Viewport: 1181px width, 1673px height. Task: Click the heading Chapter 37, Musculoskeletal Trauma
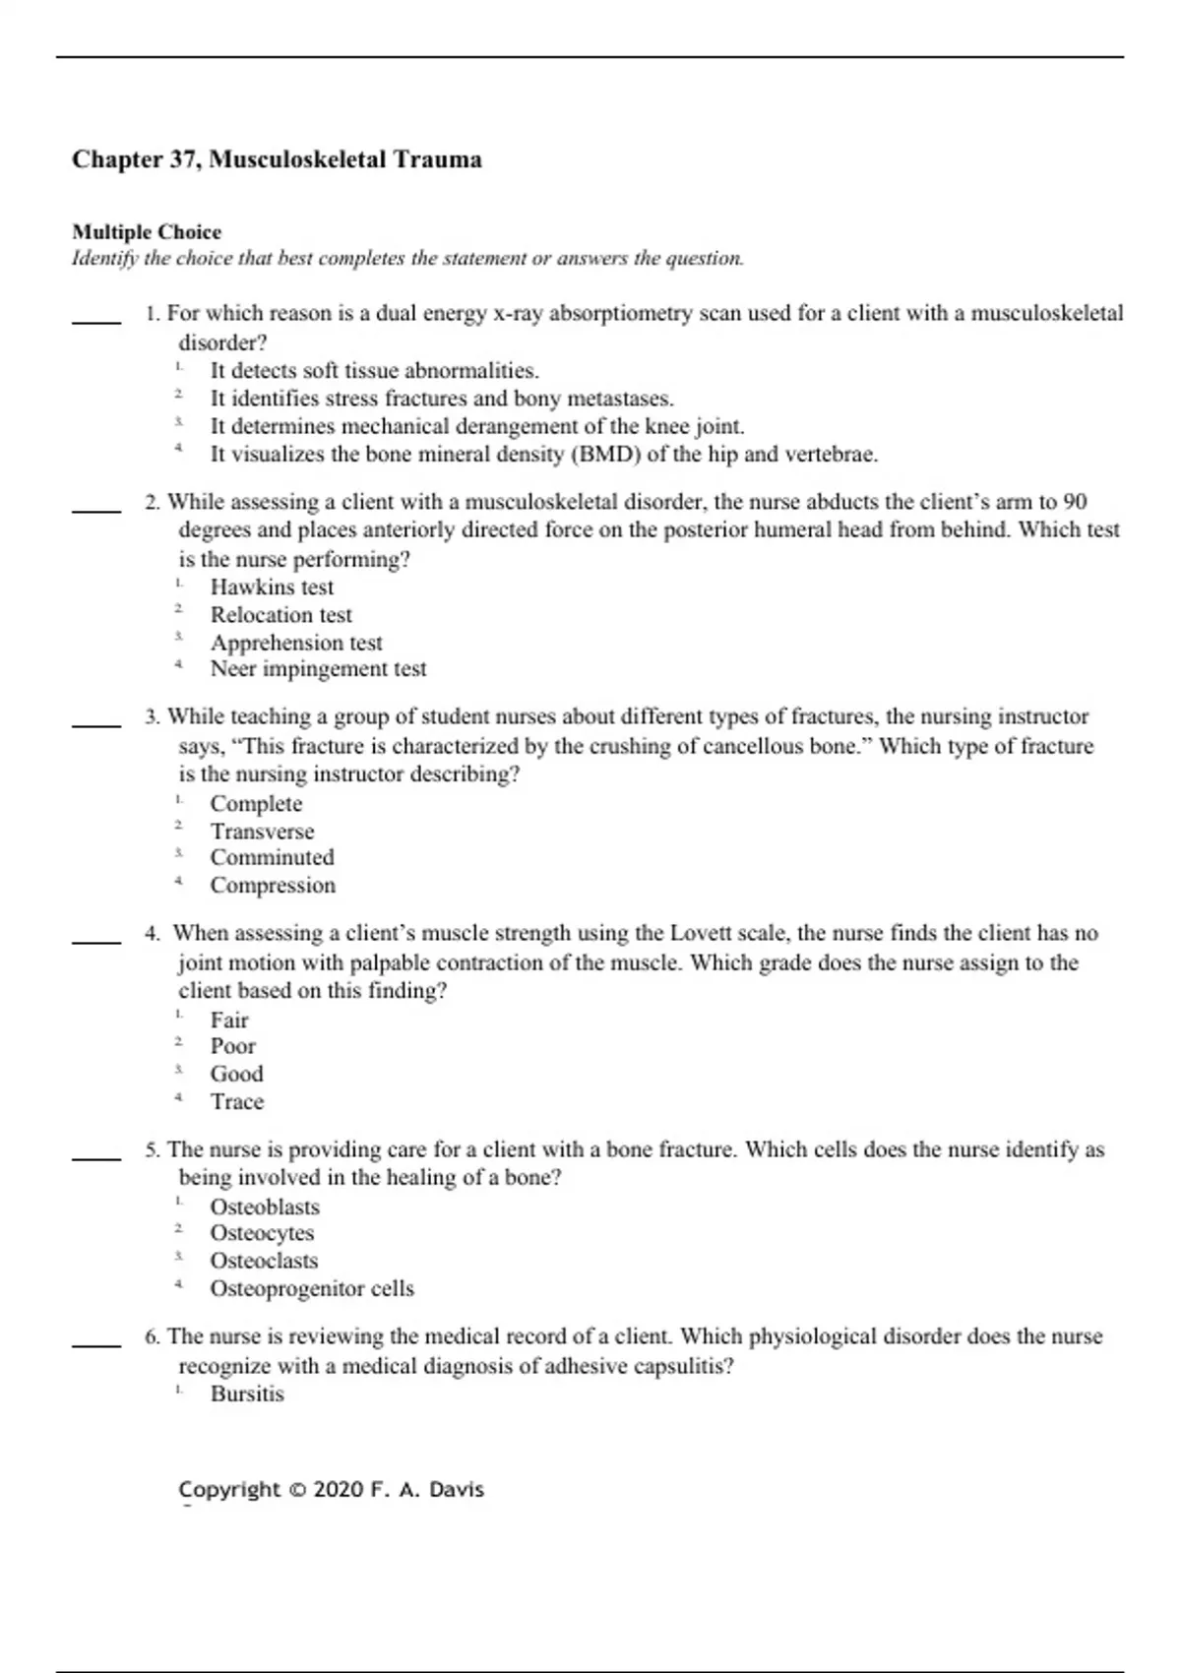[277, 159]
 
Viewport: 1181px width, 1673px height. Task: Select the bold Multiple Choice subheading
[147, 232]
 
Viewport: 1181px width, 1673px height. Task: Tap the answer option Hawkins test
[272, 588]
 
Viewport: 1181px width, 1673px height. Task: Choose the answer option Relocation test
[280, 615]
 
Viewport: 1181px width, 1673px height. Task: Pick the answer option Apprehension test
[295, 643]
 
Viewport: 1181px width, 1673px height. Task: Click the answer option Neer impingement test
[318, 669]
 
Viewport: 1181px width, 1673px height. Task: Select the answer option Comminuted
[272, 857]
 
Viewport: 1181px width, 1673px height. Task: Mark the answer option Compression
[273, 885]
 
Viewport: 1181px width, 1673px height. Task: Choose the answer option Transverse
[262, 831]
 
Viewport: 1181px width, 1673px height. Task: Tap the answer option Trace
[237, 1101]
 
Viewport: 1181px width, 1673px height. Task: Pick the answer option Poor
[232, 1046]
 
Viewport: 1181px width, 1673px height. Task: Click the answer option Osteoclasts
[264, 1261]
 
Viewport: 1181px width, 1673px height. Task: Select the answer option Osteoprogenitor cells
[312, 1288]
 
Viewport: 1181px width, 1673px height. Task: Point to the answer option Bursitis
[247, 1394]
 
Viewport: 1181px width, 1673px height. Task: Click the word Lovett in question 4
[699, 933]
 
